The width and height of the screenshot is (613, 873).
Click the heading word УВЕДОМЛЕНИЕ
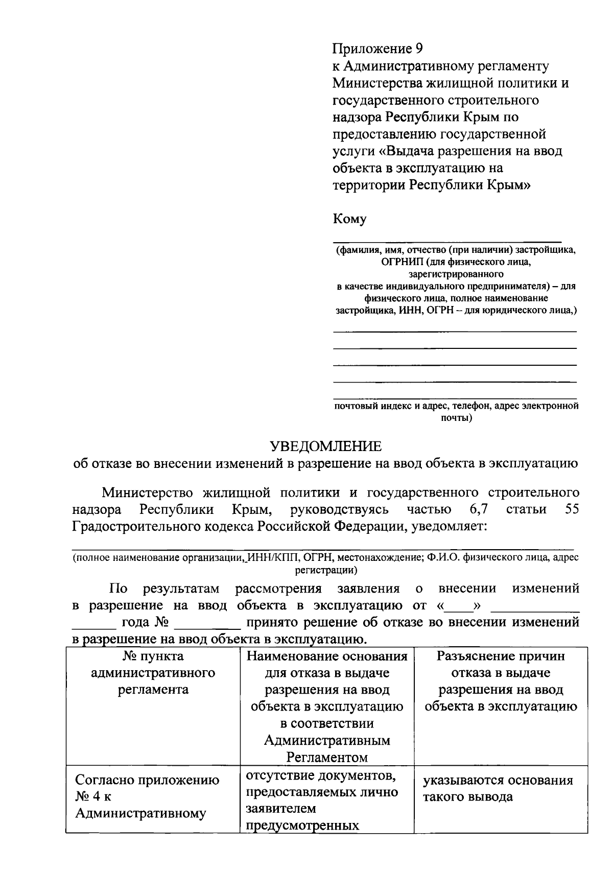pyautogui.click(x=325, y=446)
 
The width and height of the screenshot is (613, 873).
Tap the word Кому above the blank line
pyautogui.click(x=349, y=219)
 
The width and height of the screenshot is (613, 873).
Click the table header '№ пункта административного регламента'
pyautogui.click(x=153, y=673)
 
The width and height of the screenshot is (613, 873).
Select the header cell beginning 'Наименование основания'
pyautogui.click(x=327, y=706)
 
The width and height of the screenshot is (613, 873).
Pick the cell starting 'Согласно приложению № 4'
pyautogui.click(x=148, y=797)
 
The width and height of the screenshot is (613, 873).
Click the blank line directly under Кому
pyautogui.click(x=447, y=238)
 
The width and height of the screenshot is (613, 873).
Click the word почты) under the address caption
pyautogui.click(x=456, y=418)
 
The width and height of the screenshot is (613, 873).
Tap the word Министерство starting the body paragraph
pyautogui.click(x=147, y=492)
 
